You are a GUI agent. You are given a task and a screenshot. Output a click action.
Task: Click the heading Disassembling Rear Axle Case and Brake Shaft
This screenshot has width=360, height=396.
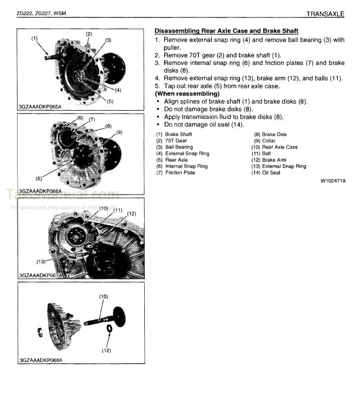point(226,30)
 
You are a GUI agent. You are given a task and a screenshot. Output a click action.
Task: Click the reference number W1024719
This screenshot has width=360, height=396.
point(332,181)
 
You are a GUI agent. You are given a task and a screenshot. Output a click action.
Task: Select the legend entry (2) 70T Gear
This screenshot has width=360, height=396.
point(174,141)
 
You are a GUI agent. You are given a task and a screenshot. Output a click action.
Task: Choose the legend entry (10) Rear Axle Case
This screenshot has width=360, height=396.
point(276,147)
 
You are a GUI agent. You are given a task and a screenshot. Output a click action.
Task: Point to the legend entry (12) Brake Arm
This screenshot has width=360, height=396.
point(271,160)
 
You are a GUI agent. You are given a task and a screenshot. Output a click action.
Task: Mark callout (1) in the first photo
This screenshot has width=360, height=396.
point(35,39)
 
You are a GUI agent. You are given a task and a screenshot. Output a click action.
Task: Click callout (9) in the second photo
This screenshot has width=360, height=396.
point(118,132)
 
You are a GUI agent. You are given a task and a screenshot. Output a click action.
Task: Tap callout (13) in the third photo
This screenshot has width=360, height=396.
point(41,261)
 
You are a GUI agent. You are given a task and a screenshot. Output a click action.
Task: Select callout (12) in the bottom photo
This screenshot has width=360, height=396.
point(107,350)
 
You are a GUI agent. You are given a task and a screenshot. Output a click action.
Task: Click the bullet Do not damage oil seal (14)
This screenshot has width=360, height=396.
point(203,124)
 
